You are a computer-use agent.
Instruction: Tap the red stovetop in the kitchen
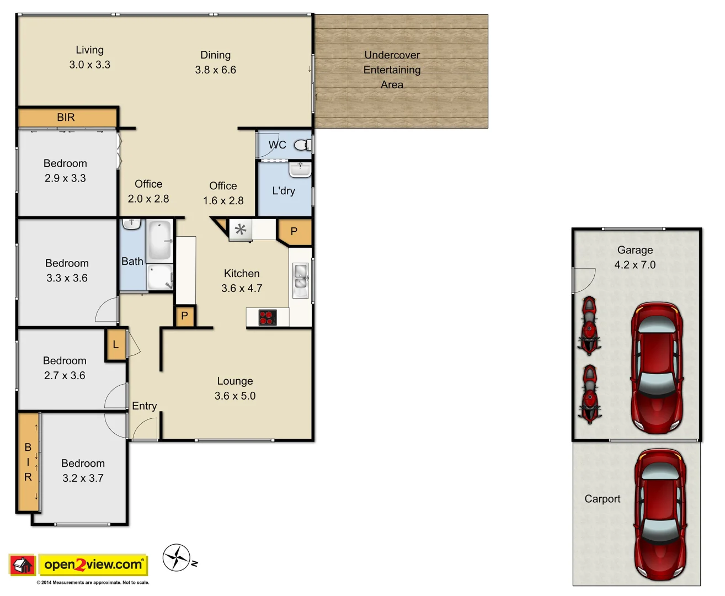click(x=268, y=318)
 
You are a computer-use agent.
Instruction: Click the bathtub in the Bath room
click(x=159, y=240)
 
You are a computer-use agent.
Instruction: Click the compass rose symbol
click(x=177, y=557)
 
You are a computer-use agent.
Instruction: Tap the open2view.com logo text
click(x=93, y=565)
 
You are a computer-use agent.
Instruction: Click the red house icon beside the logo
click(x=23, y=565)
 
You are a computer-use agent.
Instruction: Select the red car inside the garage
click(x=657, y=368)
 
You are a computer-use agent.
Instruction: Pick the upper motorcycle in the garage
click(x=589, y=326)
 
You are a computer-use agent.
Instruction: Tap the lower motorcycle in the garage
click(x=590, y=393)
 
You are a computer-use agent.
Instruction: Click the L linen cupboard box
click(x=115, y=345)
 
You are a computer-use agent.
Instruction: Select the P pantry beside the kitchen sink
click(x=294, y=232)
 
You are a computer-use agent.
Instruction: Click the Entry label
click(x=145, y=406)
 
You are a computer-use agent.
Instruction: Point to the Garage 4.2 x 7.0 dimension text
click(x=635, y=265)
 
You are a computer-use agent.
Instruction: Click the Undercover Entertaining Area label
click(x=392, y=70)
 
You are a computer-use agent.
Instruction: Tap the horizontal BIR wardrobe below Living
click(x=67, y=117)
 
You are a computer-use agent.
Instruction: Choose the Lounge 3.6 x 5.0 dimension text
click(x=235, y=396)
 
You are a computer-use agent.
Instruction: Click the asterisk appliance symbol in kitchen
click(x=241, y=229)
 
